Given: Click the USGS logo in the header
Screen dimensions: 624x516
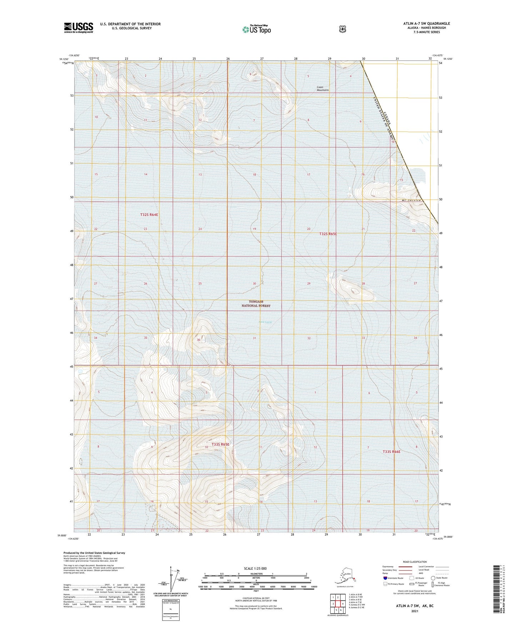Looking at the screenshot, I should tap(79, 28).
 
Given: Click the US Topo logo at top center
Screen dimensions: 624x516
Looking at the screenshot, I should tap(256, 29).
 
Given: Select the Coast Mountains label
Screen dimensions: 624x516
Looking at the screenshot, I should tap(323, 88).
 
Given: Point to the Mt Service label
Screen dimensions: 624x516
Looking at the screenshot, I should tap(411, 200).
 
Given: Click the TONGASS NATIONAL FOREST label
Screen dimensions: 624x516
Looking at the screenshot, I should tap(256, 304).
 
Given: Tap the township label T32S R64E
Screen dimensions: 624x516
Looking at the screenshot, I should tap(149, 215).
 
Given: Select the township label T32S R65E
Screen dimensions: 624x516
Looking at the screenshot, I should tap(328, 234).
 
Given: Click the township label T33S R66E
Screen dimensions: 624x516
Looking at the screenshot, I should tap(391, 452).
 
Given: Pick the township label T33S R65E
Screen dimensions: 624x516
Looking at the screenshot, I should tap(220, 444).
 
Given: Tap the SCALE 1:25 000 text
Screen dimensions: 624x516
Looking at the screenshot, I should tap(255, 568).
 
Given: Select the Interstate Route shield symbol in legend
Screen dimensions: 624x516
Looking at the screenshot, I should tap(385, 578).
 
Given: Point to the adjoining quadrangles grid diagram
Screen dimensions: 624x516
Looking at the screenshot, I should tap(337, 603).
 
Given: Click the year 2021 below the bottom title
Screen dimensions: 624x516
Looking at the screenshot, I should tap(415, 611).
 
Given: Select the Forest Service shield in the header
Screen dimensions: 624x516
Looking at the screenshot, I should tap(342, 29).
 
